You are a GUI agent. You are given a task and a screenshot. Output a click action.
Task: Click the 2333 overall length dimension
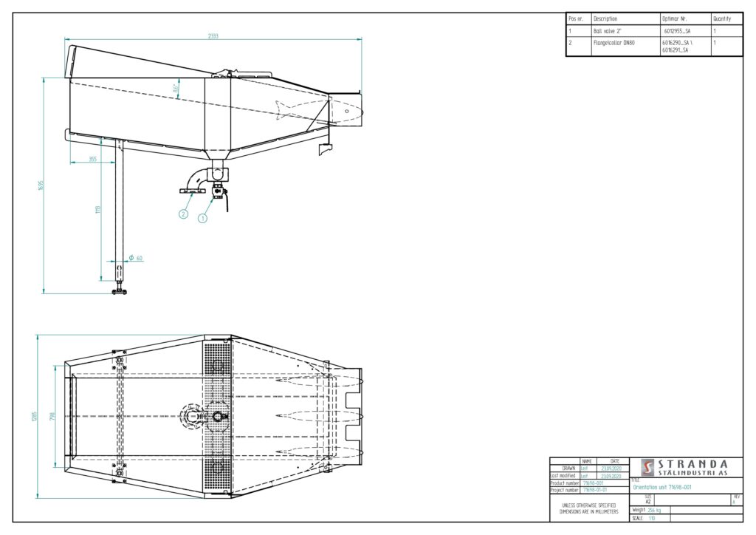(x=213, y=35)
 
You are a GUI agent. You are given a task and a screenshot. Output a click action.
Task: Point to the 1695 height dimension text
(x=42, y=185)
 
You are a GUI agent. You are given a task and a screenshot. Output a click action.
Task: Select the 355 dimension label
(x=92, y=159)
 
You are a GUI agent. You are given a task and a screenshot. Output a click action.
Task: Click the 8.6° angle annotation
(x=176, y=88)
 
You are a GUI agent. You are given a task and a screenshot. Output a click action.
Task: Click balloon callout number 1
(x=203, y=218)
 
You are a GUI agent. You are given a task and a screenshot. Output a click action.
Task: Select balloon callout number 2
(x=183, y=214)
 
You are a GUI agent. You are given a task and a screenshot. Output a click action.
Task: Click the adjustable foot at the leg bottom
(x=119, y=290)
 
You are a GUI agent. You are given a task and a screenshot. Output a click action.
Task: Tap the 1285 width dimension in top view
(x=35, y=416)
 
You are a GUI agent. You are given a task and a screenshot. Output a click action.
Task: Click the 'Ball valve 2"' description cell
(x=608, y=31)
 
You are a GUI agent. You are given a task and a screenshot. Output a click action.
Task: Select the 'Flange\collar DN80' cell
(x=614, y=44)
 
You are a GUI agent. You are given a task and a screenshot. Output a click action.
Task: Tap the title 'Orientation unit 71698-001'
(x=662, y=488)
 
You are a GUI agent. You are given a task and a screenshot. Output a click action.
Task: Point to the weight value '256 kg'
(x=655, y=510)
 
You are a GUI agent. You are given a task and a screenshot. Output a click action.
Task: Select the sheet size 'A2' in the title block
(x=648, y=501)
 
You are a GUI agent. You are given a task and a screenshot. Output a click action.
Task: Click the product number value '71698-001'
(x=593, y=483)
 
